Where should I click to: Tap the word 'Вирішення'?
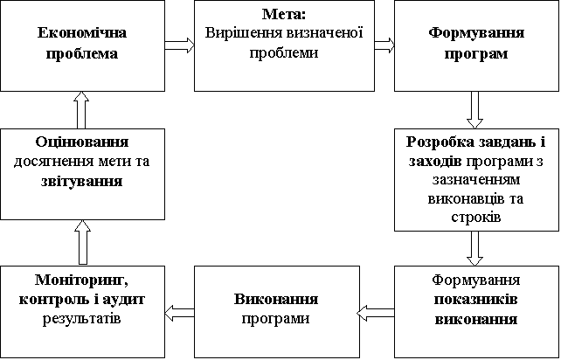[237, 33]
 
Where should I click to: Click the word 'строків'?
[476, 216]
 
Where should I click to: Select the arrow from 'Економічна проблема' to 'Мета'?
[179, 45]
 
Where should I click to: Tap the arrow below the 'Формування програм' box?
[475, 109]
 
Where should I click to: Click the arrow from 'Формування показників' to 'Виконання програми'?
[377, 309]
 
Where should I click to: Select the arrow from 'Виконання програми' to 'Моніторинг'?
[179, 309]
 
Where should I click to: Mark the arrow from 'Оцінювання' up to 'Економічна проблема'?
[81, 110]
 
